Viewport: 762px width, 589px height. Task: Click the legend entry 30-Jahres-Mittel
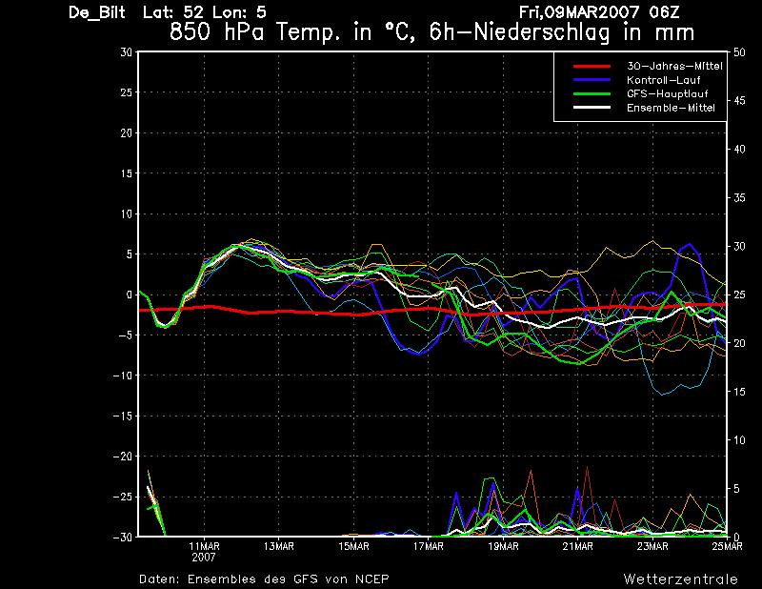tap(674, 66)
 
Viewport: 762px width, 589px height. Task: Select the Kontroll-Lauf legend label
tap(663, 80)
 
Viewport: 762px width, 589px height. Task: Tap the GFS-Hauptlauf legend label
tap(668, 93)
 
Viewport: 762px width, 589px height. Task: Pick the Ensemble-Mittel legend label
tap(671, 108)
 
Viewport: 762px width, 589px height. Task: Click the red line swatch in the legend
tap(592, 66)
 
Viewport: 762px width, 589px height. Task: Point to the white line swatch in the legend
tap(592, 108)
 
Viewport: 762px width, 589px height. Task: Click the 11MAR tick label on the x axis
tap(204, 546)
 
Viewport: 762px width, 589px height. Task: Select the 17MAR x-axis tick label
tap(429, 546)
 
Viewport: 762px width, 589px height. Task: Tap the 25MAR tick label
tap(728, 546)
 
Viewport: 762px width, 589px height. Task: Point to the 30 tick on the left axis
tap(126, 52)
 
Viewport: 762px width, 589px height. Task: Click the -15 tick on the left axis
tap(123, 416)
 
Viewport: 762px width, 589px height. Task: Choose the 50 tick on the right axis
tap(739, 52)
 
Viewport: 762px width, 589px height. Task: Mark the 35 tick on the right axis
tap(739, 198)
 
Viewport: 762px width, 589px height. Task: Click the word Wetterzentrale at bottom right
tap(681, 579)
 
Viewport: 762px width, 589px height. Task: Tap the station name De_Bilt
tap(97, 12)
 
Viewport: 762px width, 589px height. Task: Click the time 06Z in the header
tap(664, 12)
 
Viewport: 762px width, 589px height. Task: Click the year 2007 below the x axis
tap(204, 558)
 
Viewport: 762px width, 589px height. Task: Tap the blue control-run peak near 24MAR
tap(689, 244)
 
